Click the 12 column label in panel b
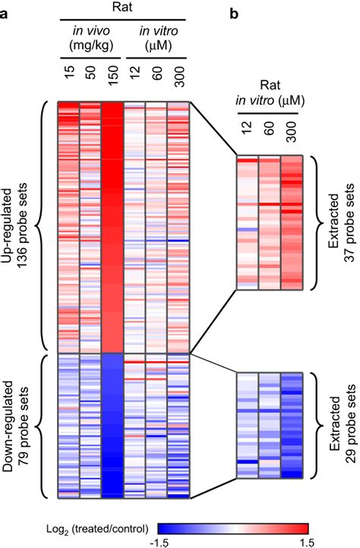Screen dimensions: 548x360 tap(248, 142)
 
